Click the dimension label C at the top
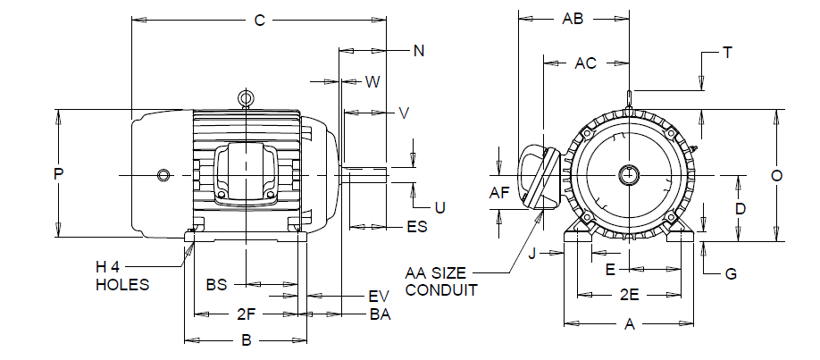coord(260,21)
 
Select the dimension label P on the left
coord(59,174)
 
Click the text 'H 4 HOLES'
coord(122,276)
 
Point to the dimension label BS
coord(216,285)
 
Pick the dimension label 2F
coord(246,314)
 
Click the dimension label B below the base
coord(247,340)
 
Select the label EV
coord(379,297)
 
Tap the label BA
coord(381,315)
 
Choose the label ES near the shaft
coord(417,227)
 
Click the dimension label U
coord(440,208)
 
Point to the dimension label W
coord(372,82)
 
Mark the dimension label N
coord(419,51)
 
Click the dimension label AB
coord(573,19)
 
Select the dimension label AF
coord(499,193)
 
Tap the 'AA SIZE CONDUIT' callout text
coord(441,281)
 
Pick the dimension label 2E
coord(630,296)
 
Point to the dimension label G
coord(731,273)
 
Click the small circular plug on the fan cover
coord(163,175)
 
